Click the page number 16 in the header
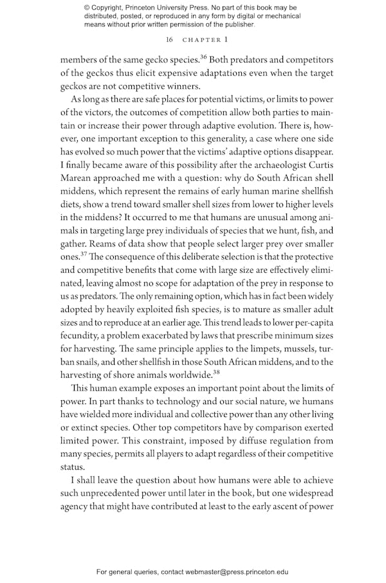169,39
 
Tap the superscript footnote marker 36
203,55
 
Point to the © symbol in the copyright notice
87,8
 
